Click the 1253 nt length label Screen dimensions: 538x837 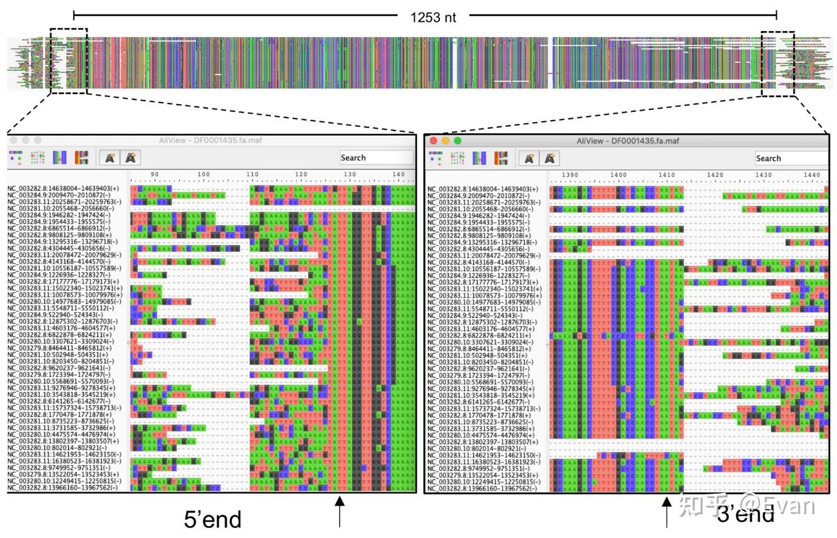pyautogui.click(x=433, y=17)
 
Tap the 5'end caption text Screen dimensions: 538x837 pyautogui.click(x=213, y=519)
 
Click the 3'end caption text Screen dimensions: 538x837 pyautogui.click(x=746, y=513)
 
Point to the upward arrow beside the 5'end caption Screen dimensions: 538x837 pyautogui.click(x=340, y=511)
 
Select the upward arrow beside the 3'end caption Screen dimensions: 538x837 pyautogui.click(x=667, y=511)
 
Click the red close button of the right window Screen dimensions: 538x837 pyautogui.click(x=434, y=140)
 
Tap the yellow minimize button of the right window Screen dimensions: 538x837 pyautogui.click(x=446, y=140)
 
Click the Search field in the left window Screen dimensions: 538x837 pyautogui.click(x=376, y=158)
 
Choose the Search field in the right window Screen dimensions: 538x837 pyautogui.click(x=791, y=158)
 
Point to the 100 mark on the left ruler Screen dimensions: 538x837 pyautogui.click(x=203, y=174)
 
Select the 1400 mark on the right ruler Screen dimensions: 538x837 pyautogui.click(x=618, y=174)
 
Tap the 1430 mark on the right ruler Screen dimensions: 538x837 pyautogui.click(x=763, y=174)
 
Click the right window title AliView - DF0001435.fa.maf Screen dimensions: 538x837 pyautogui.click(x=628, y=140)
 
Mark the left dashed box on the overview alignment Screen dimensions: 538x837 pyautogui.click(x=68, y=61)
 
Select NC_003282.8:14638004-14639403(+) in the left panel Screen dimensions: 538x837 pyautogui.click(x=64, y=189)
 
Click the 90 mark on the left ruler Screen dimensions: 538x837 pyautogui.click(x=155, y=174)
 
